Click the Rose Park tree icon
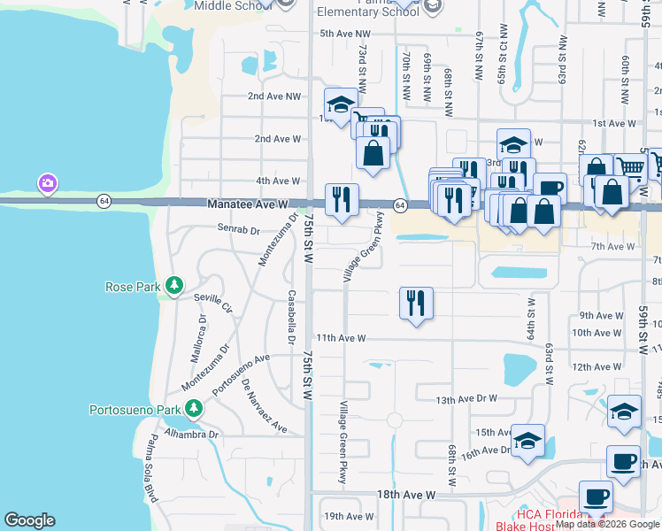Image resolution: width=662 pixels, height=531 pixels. click(x=175, y=285)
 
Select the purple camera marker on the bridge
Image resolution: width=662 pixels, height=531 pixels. click(x=47, y=184)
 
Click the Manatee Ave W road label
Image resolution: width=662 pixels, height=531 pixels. click(x=249, y=204)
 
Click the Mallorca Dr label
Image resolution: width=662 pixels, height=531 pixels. click(x=196, y=335)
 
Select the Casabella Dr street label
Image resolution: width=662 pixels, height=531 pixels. click(x=290, y=317)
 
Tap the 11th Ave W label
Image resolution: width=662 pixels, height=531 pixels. click(x=342, y=338)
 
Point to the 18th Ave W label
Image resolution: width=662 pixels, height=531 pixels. click(x=406, y=495)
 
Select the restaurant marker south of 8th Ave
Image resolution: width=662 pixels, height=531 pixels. click(x=415, y=303)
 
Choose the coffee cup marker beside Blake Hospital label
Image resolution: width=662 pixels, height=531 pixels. click(x=596, y=497)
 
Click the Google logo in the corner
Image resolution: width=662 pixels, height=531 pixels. click(x=29, y=520)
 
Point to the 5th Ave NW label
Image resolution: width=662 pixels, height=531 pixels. click(x=337, y=34)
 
